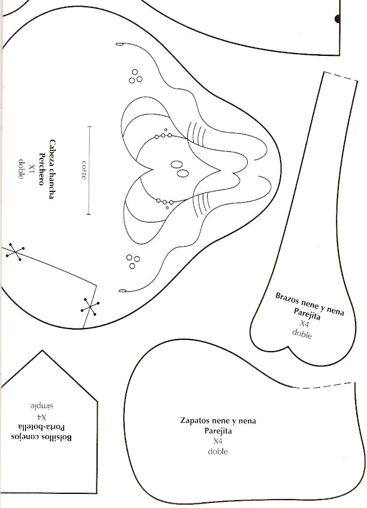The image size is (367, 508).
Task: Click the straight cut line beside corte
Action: pyautogui.click(x=89, y=170)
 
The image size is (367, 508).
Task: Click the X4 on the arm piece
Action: pyautogui.click(x=304, y=324)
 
